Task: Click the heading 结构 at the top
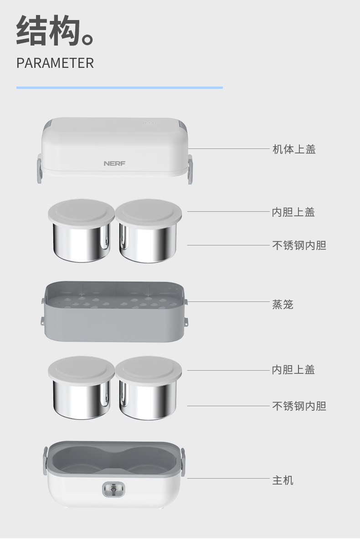49,31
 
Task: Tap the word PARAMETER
55,63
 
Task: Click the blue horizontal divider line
119,88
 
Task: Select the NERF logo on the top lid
114,163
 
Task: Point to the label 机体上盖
294,149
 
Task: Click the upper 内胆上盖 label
293,212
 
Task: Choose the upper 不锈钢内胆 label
299,245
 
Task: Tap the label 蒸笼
283,305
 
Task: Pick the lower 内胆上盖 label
293,369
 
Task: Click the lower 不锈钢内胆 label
299,406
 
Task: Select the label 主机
283,480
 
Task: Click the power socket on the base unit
113,489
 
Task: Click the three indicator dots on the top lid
149,123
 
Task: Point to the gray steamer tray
114,311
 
